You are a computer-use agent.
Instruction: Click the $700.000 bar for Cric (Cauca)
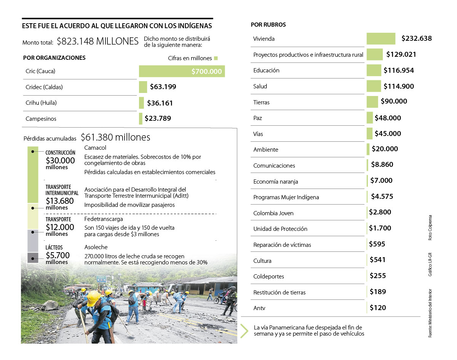pyautogui.click(x=182, y=71)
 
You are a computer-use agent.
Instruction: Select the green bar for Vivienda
pyautogui.click(x=381, y=38)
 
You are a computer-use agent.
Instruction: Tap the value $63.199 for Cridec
pyautogui.click(x=163, y=87)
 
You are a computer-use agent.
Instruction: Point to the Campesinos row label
pyautogui.click(x=41, y=119)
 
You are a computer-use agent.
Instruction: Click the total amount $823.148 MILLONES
pyautogui.click(x=97, y=42)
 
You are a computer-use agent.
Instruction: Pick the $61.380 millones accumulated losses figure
pyautogui.click(x=115, y=137)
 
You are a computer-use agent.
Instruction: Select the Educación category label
pyautogui.click(x=266, y=70)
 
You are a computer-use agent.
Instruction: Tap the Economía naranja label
pyautogui.click(x=276, y=182)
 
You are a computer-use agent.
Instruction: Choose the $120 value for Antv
pyautogui.click(x=378, y=307)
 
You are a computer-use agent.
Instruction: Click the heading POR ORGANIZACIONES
pyautogui.click(x=54, y=58)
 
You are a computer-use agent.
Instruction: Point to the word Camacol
pyautogui.click(x=95, y=148)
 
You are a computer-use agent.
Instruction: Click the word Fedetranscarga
pyautogui.click(x=104, y=219)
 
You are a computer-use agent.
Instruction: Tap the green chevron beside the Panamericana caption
pyautogui.click(x=244, y=331)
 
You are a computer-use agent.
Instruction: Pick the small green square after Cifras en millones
pyautogui.click(x=216, y=58)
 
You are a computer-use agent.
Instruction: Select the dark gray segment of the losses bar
pyautogui.click(x=33, y=258)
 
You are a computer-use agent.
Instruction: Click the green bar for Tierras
pyautogui.click(x=372, y=102)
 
